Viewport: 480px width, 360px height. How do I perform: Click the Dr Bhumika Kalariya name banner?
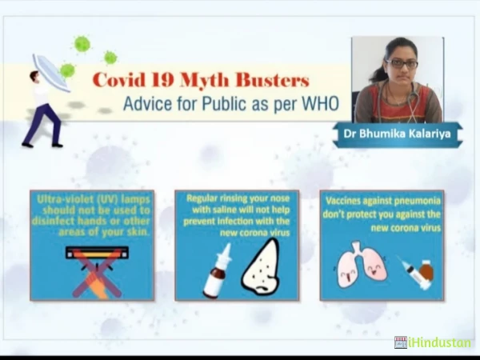(x=398, y=134)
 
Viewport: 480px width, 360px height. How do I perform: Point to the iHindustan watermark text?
(x=439, y=343)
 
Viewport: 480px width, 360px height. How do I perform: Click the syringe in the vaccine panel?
(x=414, y=273)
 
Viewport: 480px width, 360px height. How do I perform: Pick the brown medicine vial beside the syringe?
(x=426, y=270)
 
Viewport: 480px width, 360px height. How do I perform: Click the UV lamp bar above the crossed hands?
(x=97, y=253)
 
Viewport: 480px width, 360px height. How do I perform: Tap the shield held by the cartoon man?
(x=51, y=73)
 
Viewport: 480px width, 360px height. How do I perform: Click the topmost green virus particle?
(x=82, y=44)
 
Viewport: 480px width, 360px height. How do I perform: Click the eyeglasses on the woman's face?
(x=402, y=64)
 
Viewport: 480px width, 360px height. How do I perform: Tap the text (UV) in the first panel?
(x=107, y=199)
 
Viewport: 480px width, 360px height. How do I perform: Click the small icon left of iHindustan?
(x=401, y=342)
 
